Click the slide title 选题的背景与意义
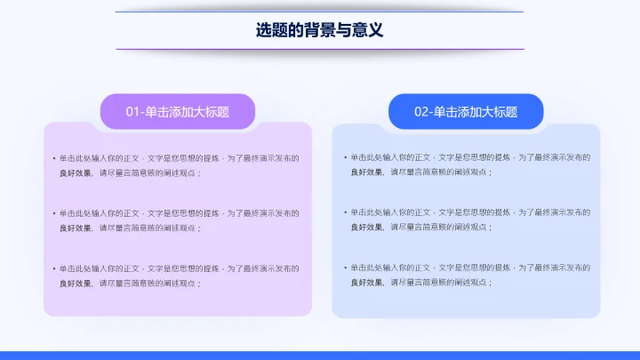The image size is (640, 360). [319, 30]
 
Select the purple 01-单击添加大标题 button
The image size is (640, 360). [178, 112]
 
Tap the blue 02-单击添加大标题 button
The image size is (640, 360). [466, 112]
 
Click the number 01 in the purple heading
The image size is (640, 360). [133, 112]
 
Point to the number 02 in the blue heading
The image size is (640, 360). [422, 112]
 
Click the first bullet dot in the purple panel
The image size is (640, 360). [53, 158]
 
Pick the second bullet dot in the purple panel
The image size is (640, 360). [53, 213]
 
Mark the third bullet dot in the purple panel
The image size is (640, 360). [53, 268]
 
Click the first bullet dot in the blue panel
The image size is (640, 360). [344, 157]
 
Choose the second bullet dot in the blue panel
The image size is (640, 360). [344, 212]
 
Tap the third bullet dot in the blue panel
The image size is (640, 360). [344, 268]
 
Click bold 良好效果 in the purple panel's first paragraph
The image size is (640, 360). [75, 172]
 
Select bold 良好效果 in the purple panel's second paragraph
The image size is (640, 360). [75, 228]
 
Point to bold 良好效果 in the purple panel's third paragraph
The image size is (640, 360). [75, 283]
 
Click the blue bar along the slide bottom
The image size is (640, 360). [320, 355]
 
